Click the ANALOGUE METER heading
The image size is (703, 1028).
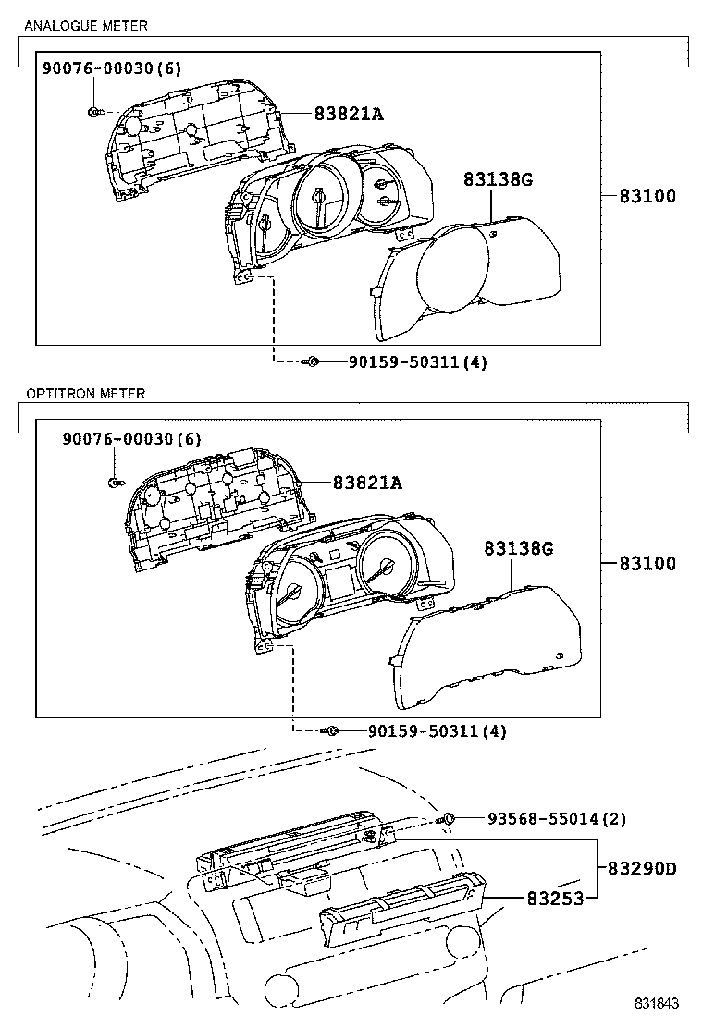84,26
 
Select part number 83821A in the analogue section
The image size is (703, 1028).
348,114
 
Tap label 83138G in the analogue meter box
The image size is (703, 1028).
498,180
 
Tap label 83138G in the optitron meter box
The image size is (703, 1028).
518,549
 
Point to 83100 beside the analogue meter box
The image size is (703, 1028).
647,196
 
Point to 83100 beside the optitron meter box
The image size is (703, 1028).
647,563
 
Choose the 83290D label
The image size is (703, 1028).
642,869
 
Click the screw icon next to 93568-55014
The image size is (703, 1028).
448,818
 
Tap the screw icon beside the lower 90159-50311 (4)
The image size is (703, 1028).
333,731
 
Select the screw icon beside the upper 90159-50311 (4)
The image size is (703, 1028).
313,362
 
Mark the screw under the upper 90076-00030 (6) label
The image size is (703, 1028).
94,112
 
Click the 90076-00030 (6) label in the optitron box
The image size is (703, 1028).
132,437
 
